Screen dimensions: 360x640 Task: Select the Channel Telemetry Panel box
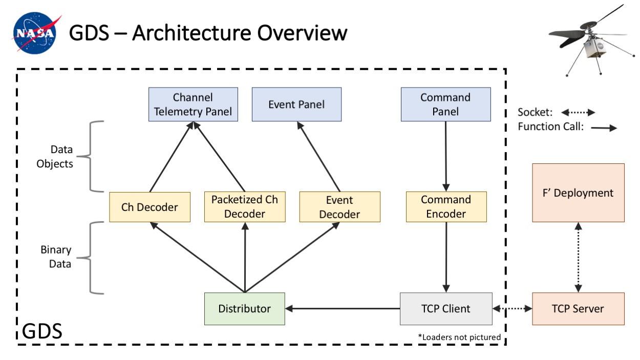pyautogui.click(x=193, y=104)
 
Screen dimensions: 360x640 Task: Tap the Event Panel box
pyautogui.click(x=296, y=104)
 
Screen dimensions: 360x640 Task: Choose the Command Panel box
pyautogui.click(x=445, y=104)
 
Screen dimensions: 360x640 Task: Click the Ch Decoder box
pyautogui.click(x=150, y=207)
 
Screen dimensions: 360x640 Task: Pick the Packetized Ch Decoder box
pyautogui.click(x=245, y=207)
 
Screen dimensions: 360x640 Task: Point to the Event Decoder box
pyautogui.click(x=339, y=207)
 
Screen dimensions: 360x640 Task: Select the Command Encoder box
pyautogui.click(x=446, y=207)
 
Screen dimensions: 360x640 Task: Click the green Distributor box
pyautogui.click(x=244, y=309)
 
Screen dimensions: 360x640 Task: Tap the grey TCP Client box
pyautogui.click(x=445, y=309)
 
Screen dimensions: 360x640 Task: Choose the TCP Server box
pyautogui.click(x=578, y=309)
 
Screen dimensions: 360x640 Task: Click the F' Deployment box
pyautogui.click(x=578, y=193)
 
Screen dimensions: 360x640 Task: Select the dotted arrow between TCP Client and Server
pyautogui.click(x=512, y=309)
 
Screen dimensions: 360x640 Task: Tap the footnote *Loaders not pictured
pyautogui.click(x=459, y=337)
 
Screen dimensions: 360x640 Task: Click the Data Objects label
pyautogui.click(x=62, y=157)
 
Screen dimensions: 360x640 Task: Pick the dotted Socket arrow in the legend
pyautogui.click(x=578, y=112)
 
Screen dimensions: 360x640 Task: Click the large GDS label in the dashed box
pyautogui.click(x=42, y=331)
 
